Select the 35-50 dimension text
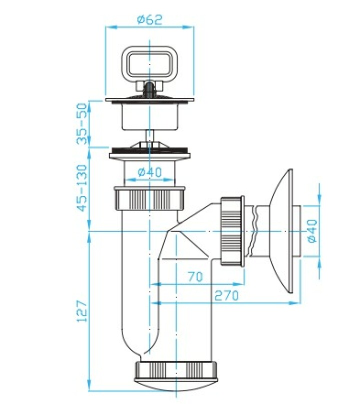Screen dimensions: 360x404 point(82,123)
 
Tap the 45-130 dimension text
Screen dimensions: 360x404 point(82,188)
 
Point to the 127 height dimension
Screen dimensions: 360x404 point(82,310)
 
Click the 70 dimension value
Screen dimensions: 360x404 point(195,276)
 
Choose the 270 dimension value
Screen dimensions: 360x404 point(227,295)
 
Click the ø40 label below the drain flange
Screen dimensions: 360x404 point(149,172)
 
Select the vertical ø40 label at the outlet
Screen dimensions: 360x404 point(312,231)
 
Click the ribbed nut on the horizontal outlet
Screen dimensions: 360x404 point(232,231)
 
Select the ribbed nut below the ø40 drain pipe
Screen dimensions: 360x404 point(149,197)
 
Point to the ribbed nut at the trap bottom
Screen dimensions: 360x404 point(176,371)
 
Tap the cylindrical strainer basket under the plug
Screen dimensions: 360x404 point(149,116)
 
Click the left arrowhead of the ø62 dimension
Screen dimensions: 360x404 point(111,27)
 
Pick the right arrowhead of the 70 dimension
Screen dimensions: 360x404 point(238,284)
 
